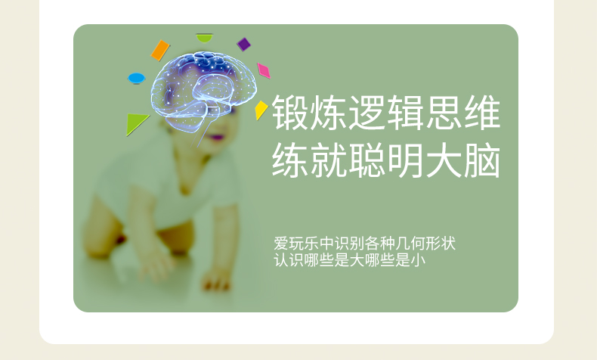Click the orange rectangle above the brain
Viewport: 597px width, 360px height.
point(160,50)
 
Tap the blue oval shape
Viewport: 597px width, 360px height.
point(136,79)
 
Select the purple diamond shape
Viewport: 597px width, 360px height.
point(243,44)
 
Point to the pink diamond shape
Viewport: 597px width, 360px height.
point(264,71)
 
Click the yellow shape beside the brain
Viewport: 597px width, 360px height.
point(261,110)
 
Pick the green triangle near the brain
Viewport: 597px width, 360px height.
point(135,123)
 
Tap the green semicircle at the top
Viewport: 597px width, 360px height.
point(205,38)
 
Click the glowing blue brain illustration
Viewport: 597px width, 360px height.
point(203,92)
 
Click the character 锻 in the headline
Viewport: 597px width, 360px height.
point(290,112)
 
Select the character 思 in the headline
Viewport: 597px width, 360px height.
point(444,112)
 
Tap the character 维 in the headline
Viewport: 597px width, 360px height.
point(482,112)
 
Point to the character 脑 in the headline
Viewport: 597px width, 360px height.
point(482,160)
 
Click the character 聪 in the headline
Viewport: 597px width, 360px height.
point(367,160)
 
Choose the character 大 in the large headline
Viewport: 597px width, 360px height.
point(444,160)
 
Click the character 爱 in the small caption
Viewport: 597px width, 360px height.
point(281,244)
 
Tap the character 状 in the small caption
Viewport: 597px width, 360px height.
point(448,244)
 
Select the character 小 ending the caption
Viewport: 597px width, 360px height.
point(418,260)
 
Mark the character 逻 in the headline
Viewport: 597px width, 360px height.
point(367,112)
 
